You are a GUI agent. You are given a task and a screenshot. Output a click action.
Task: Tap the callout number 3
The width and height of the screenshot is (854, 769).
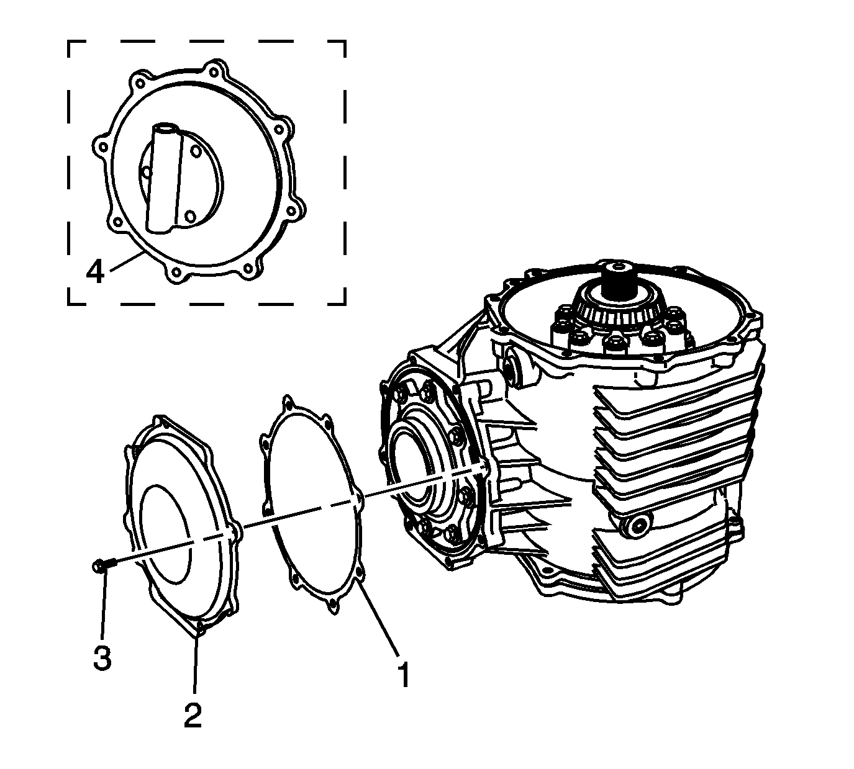click(x=102, y=657)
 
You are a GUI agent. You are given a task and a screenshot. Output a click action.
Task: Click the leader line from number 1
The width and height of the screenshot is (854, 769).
click(x=379, y=621)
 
